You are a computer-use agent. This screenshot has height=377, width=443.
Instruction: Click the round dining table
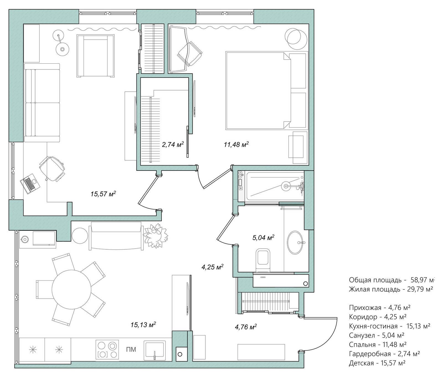tap(71, 290)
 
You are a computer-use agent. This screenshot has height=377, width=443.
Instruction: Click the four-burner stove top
tap(107, 350)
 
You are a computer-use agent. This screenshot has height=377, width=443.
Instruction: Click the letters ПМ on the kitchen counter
tap(131, 350)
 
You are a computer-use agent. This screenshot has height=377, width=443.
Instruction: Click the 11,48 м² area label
tap(236, 144)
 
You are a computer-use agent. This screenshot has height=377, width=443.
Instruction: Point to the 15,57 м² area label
tap(103, 194)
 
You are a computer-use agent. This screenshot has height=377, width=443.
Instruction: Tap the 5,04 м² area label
tap(263, 237)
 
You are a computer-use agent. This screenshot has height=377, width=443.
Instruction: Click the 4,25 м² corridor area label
tap(212, 267)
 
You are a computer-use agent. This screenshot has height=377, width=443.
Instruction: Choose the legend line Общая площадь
tap(391, 280)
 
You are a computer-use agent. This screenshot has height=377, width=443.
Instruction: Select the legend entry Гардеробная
tap(385, 354)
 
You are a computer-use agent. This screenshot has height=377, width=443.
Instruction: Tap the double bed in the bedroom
tap(267, 90)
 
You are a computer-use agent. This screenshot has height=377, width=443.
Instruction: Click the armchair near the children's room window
tap(96, 56)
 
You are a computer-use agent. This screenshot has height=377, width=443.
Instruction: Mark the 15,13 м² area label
tap(143, 324)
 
